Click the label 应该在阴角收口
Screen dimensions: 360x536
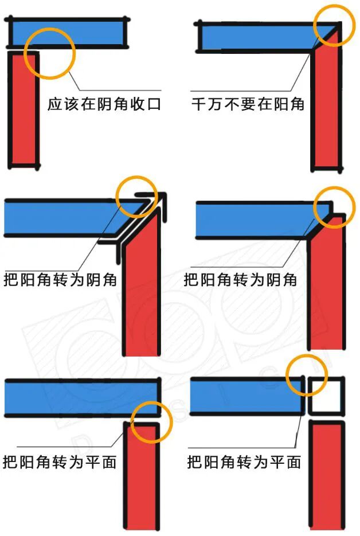pos(104,104)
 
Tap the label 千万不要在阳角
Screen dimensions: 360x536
pos(248,104)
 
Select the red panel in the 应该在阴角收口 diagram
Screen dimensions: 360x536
pos(24,109)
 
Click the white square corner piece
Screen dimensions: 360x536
pos(326,396)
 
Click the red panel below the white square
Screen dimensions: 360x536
pos(326,476)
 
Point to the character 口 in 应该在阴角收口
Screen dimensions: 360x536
pos(154,104)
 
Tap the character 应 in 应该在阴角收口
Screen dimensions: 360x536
pos(54,104)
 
